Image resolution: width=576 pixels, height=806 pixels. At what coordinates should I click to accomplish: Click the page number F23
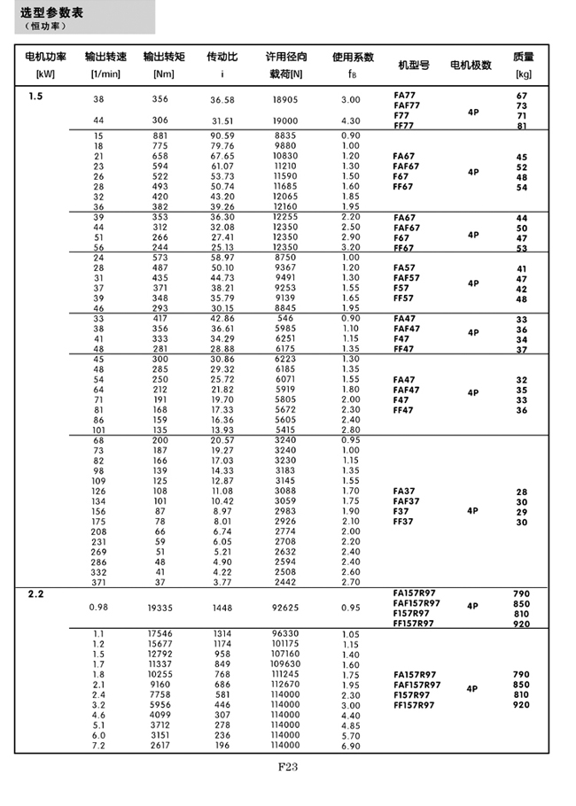click(289, 767)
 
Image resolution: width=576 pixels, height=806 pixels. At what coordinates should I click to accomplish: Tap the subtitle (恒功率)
click(46, 27)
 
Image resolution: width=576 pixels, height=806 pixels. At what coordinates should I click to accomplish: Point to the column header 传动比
click(222, 56)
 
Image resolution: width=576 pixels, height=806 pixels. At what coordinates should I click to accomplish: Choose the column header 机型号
click(414, 66)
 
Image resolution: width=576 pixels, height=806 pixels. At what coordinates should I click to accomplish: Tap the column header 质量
click(523, 56)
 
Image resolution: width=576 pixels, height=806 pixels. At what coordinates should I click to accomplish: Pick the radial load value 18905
click(284, 100)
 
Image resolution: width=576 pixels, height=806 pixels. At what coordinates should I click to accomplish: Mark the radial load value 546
click(284, 318)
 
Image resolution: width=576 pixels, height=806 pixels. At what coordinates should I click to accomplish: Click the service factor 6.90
click(351, 747)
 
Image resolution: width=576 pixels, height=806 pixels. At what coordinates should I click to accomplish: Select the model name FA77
click(403, 95)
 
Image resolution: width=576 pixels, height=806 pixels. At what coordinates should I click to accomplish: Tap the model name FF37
click(403, 522)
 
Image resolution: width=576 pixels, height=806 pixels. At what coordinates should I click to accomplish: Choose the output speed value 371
click(98, 582)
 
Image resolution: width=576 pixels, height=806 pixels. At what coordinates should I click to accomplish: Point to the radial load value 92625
click(284, 608)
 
